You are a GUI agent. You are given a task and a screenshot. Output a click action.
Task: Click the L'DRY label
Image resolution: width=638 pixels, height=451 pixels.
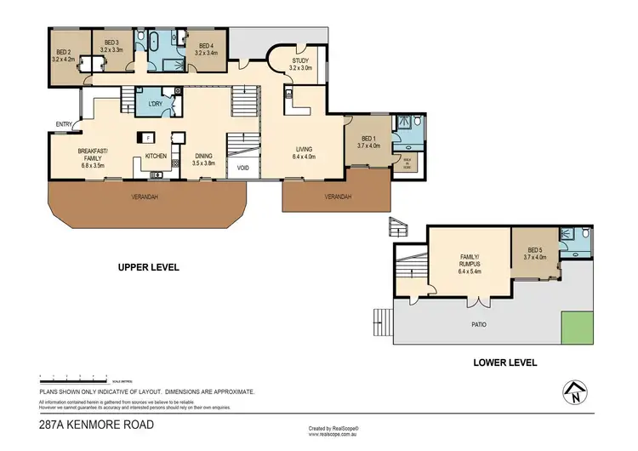[x=155, y=104]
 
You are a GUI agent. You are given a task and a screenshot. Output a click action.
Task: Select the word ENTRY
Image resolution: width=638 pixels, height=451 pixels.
[x=65, y=125]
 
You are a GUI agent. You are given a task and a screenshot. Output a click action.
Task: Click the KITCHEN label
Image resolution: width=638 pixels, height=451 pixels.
[x=156, y=156]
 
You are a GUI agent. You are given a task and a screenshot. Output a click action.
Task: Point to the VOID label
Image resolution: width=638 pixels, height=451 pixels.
[x=242, y=168]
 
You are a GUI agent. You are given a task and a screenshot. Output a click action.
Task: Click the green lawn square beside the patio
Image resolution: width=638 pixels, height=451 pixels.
[x=577, y=328]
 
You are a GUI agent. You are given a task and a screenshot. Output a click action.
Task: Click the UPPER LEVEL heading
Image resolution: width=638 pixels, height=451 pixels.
[x=149, y=267]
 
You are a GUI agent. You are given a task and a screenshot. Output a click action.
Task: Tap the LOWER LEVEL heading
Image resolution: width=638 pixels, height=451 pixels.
[x=504, y=363]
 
